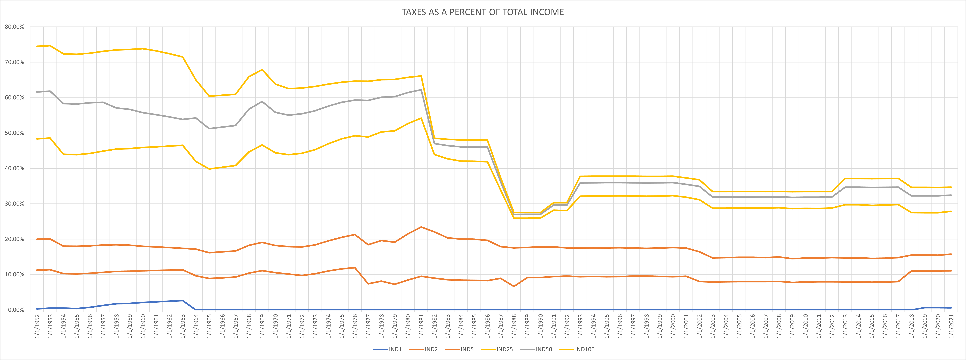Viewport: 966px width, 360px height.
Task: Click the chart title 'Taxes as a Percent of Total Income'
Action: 483,12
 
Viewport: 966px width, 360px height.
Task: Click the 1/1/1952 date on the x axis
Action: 37,326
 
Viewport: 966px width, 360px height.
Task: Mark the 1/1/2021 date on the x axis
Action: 951,326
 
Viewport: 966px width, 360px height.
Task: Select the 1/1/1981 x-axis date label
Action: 421,326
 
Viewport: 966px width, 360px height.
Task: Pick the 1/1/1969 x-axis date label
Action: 262,326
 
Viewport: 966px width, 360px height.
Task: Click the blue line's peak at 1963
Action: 183,300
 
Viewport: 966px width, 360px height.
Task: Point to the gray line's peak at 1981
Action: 421,90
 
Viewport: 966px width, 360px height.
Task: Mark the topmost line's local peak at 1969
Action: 262,70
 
